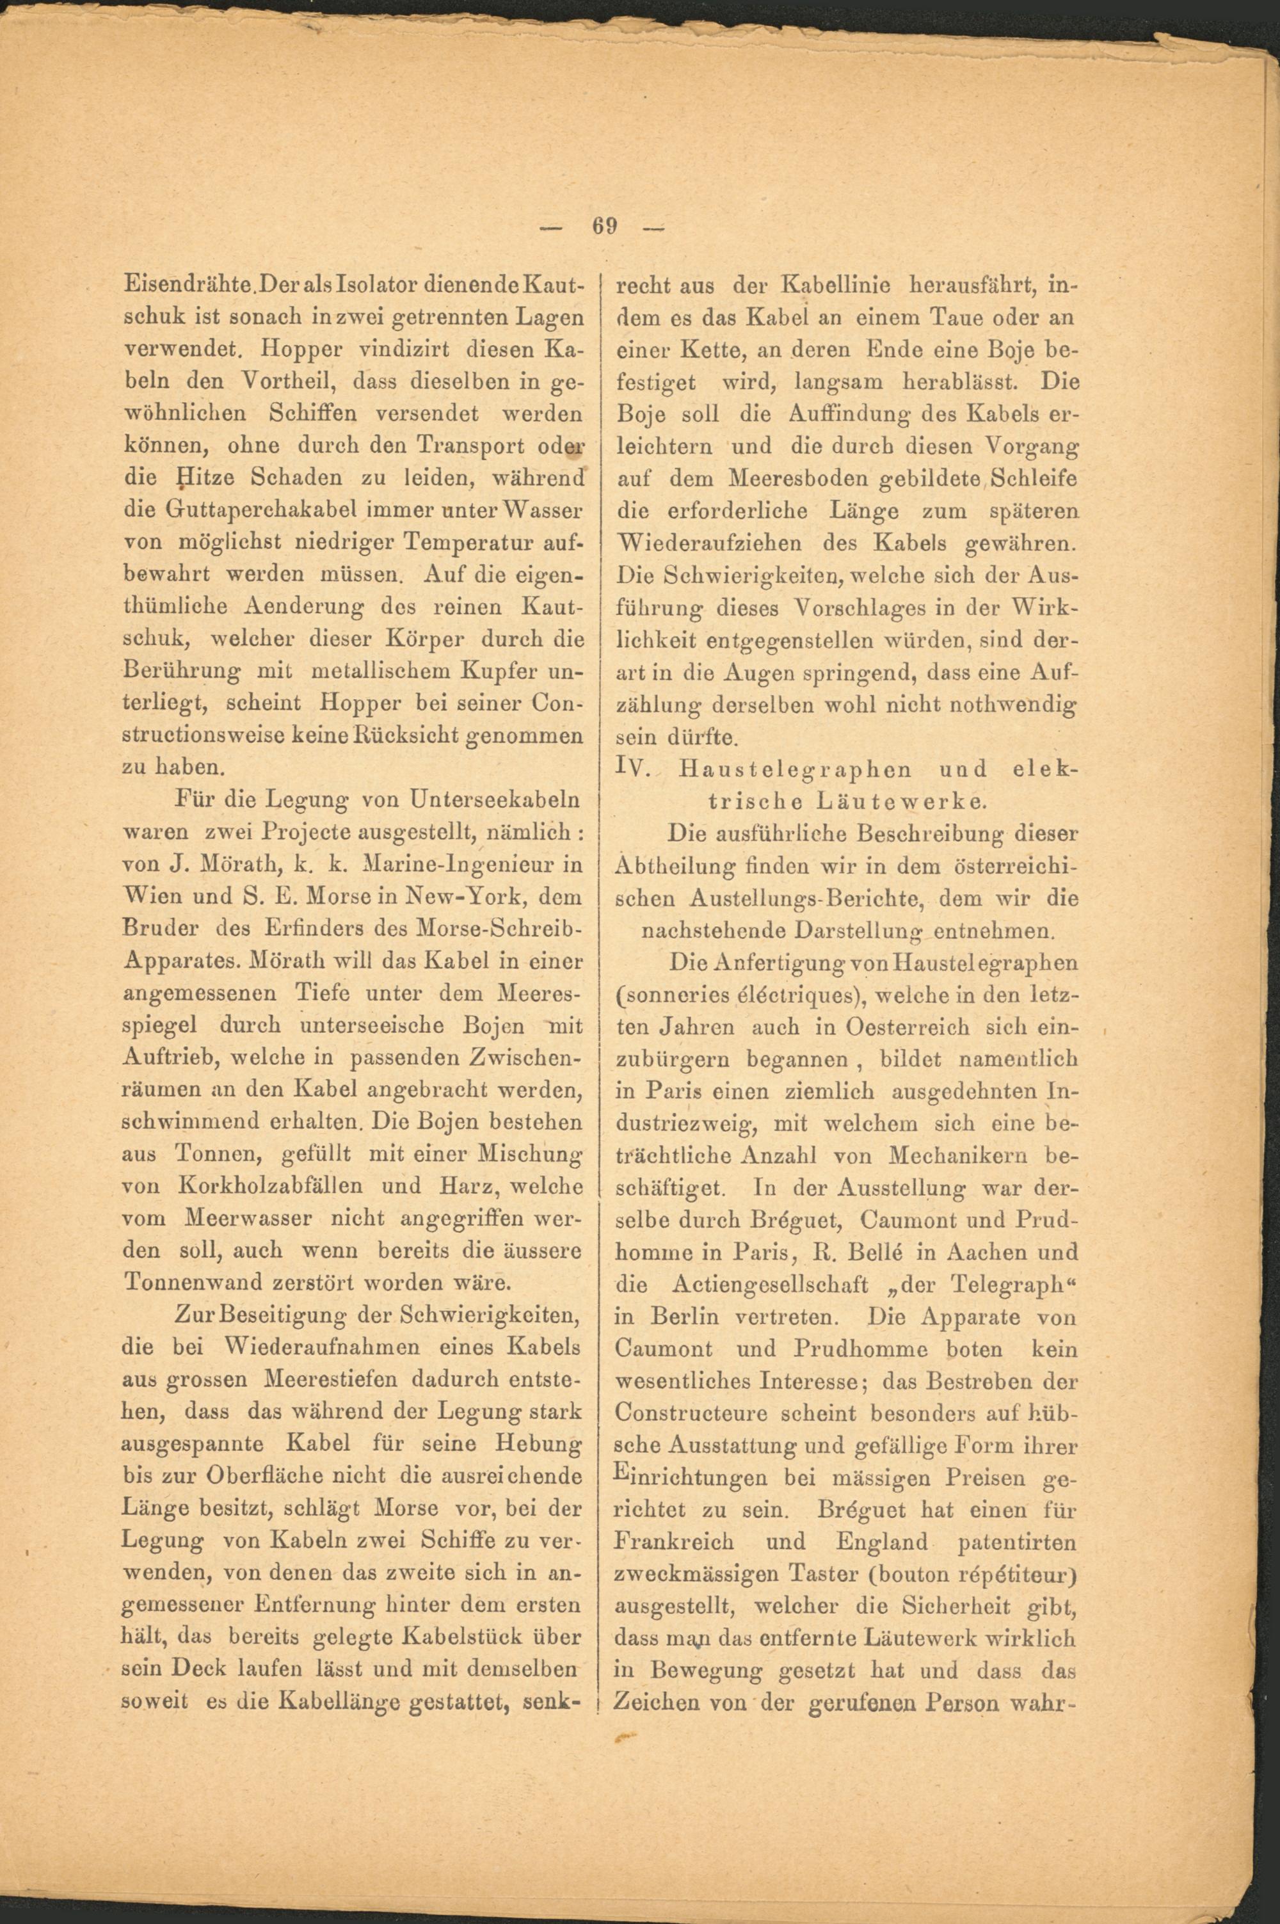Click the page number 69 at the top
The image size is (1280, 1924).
(x=604, y=225)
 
